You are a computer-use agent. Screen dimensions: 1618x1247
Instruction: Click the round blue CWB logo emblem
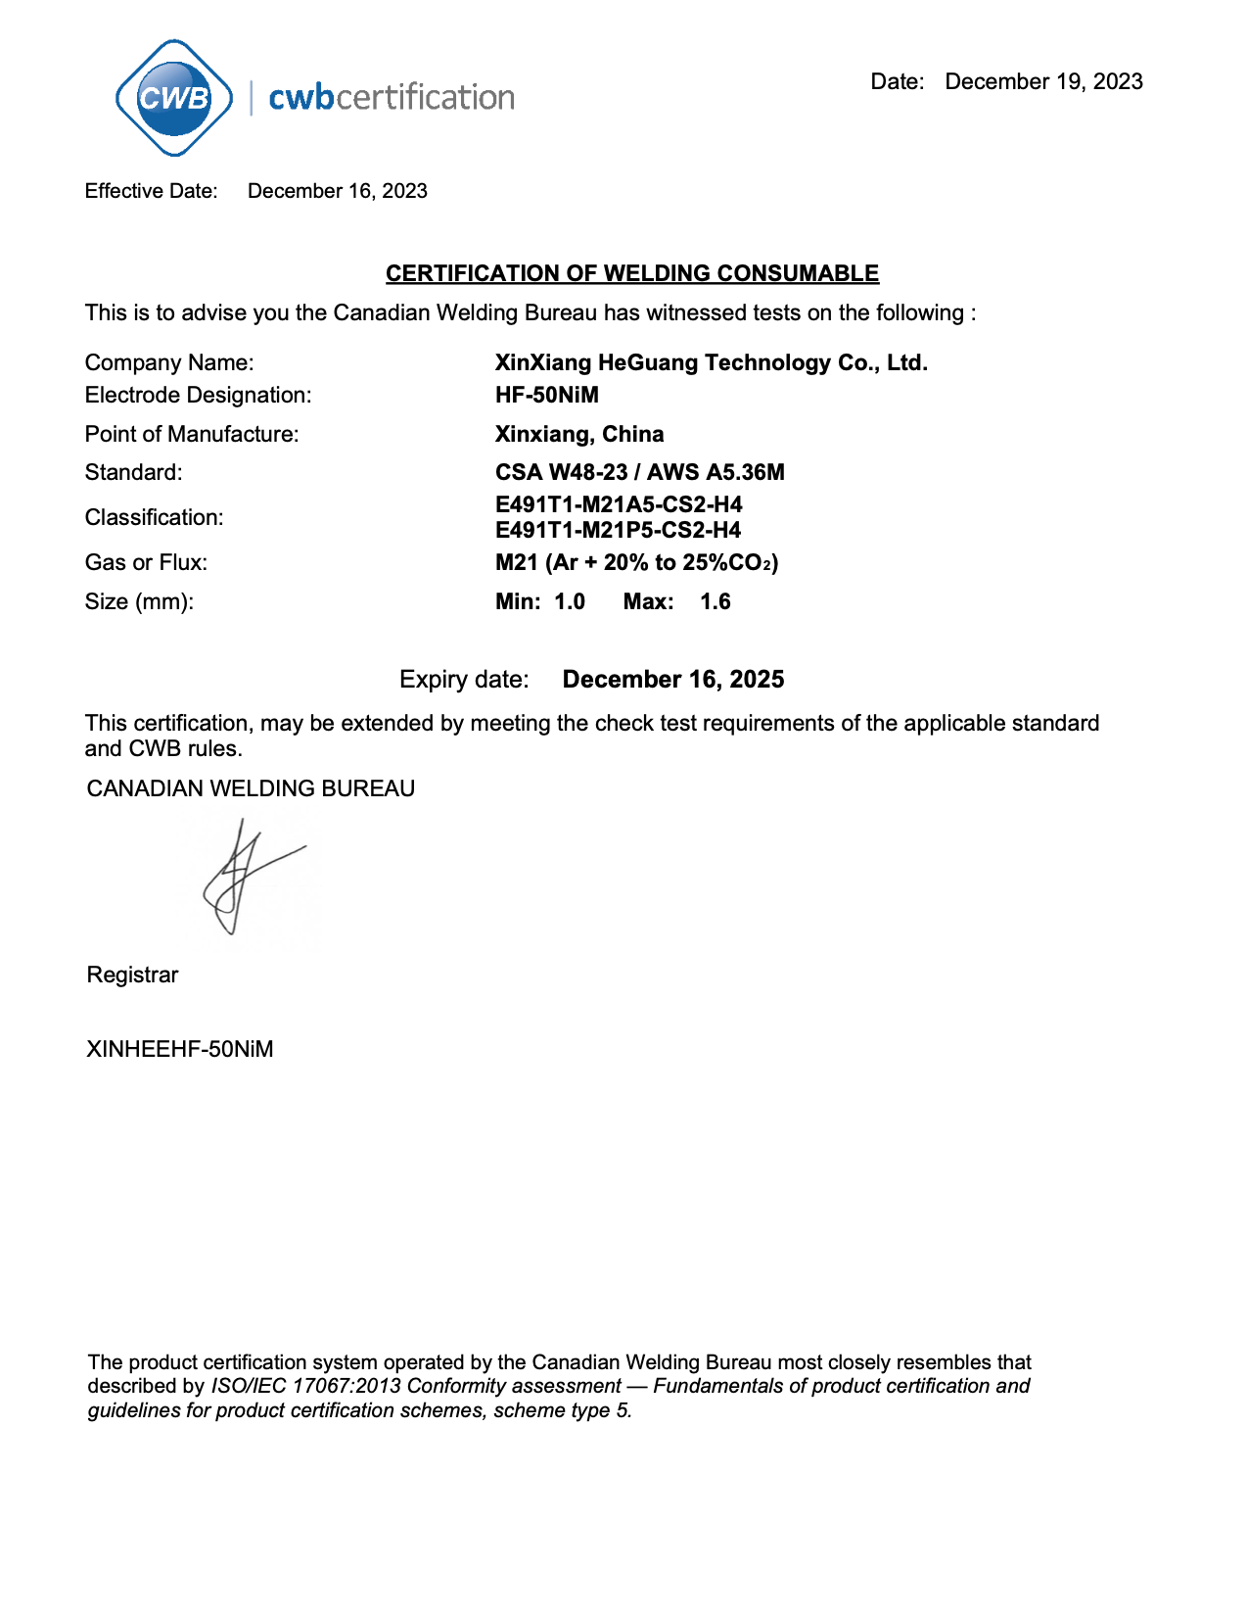[x=174, y=98]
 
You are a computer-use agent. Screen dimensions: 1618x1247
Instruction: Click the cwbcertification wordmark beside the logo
[x=391, y=97]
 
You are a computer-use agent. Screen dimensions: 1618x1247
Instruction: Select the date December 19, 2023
[x=1043, y=81]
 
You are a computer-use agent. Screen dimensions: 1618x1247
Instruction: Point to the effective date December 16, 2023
[x=337, y=191]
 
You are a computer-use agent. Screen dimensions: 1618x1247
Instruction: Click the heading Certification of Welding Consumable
[x=631, y=273]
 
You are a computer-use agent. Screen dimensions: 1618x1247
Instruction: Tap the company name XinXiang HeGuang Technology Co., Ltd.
[x=711, y=362]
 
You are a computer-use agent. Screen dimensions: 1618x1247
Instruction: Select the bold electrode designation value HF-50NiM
[x=546, y=395]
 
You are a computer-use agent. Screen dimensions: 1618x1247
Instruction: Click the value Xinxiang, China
[x=578, y=434]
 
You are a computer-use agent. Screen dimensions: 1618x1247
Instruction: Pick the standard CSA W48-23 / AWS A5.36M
[x=639, y=472]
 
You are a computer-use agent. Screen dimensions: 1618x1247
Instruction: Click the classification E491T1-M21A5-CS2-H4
[x=618, y=504]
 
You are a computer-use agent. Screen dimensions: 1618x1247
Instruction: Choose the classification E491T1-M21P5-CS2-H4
[x=618, y=530]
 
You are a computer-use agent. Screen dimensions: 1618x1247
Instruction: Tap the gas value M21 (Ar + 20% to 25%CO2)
[x=636, y=562]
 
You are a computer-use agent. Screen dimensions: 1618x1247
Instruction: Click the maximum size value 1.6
[x=715, y=601]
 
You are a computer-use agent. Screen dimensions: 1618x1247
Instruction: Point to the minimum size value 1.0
[x=569, y=601]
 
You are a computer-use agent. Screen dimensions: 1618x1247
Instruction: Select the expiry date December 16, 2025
[x=672, y=680]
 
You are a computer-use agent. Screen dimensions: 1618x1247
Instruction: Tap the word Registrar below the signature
[x=132, y=975]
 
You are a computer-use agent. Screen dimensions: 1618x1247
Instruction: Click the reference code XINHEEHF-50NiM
[x=180, y=1049]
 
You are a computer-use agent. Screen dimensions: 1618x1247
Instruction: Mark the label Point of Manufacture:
[x=192, y=434]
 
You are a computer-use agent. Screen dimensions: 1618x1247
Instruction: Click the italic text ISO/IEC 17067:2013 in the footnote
[x=305, y=1386]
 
